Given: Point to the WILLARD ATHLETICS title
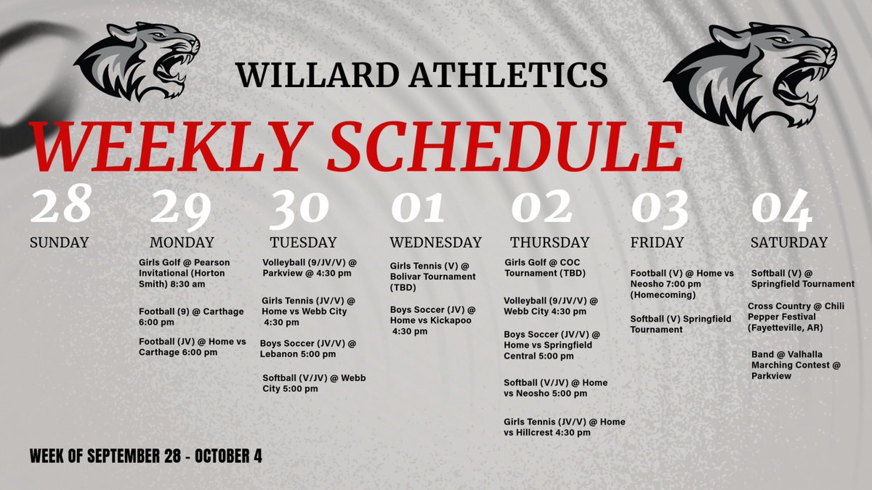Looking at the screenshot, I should click(421, 74).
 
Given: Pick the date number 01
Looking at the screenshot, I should click(418, 208).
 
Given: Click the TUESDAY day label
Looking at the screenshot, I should click(303, 242).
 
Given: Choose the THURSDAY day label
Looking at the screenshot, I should click(549, 242).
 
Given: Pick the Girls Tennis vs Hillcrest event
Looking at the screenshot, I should click(564, 427).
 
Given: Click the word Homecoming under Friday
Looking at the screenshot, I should click(662, 295).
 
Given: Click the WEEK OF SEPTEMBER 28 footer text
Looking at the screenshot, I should click(146, 457).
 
